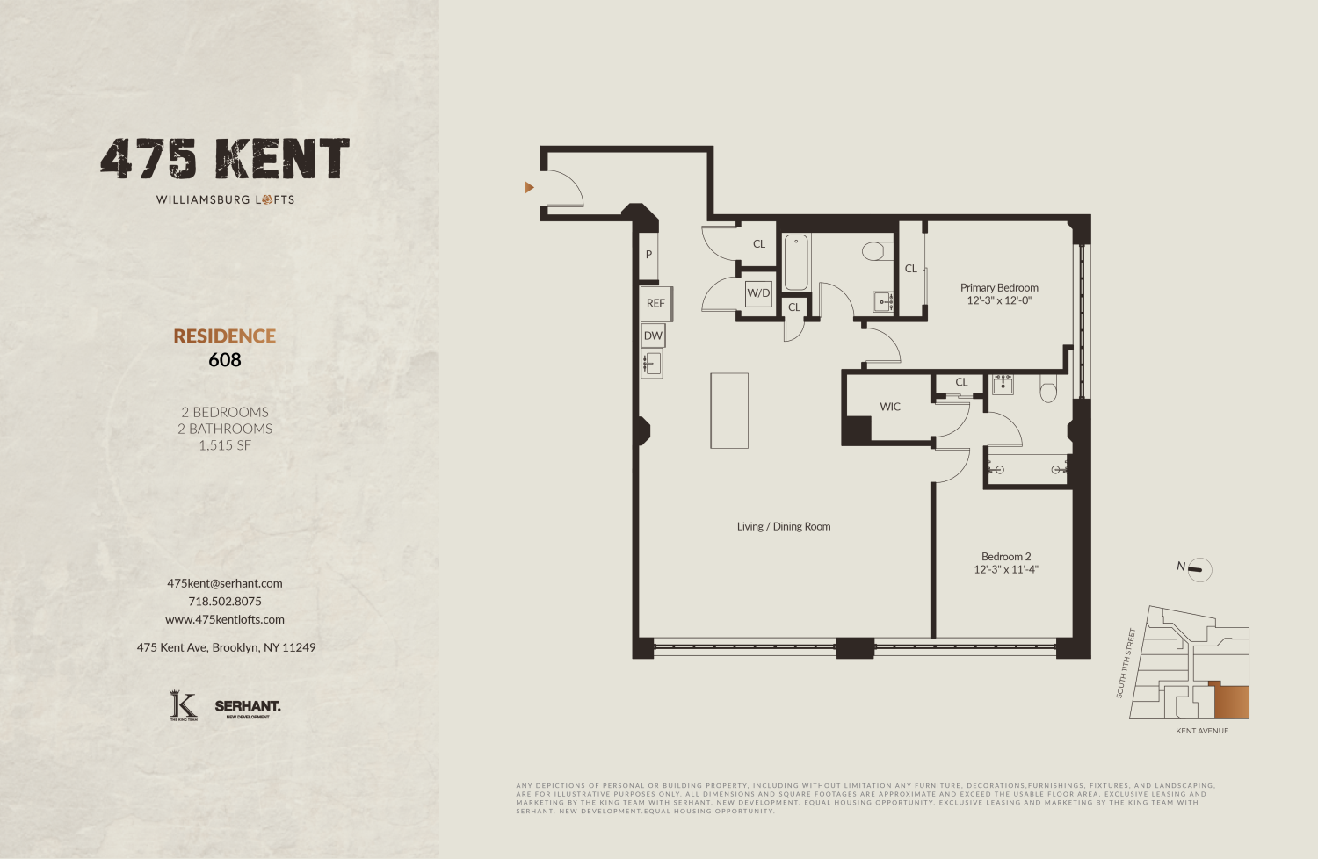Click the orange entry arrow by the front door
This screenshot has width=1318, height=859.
point(529,187)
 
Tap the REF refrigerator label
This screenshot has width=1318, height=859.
point(655,303)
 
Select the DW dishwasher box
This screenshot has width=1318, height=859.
point(653,336)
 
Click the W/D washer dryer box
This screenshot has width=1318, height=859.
point(758,292)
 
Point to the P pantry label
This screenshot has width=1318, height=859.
point(648,255)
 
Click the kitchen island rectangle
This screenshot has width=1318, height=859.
point(729,410)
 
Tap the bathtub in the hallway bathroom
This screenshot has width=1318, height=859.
point(796,262)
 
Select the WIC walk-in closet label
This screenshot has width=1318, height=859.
point(890,407)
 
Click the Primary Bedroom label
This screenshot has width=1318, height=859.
point(999,288)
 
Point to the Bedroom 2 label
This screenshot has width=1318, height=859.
point(1006,557)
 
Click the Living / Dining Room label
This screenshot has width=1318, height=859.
point(784,527)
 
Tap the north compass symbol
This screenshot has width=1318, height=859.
point(1199,569)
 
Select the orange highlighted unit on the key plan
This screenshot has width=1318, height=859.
point(1231,703)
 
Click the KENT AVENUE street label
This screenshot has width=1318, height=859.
point(1202,731)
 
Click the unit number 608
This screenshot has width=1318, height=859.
point(225,360)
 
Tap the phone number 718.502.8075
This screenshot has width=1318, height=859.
point(225,602)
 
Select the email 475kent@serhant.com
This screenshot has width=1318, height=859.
point(225,583)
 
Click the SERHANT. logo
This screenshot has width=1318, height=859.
point(248,707)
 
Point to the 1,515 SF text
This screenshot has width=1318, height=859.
point(225,445)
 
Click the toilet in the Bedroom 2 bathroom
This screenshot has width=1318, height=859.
point(1048,389)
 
